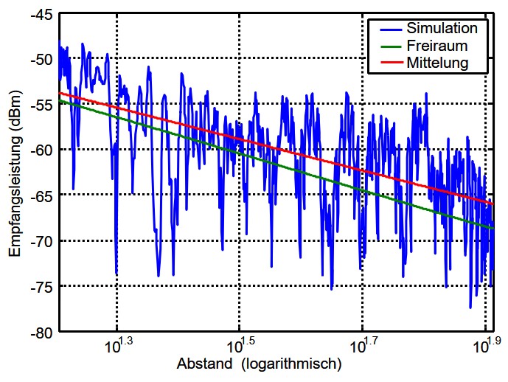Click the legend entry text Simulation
point(441,29)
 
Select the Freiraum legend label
point(437,46)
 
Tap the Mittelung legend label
point(438,63)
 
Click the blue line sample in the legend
point(387,29)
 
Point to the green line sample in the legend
point(387,46)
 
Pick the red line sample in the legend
point(387,63)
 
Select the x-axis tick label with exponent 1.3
point(119,345)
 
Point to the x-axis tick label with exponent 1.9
point(487,345)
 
